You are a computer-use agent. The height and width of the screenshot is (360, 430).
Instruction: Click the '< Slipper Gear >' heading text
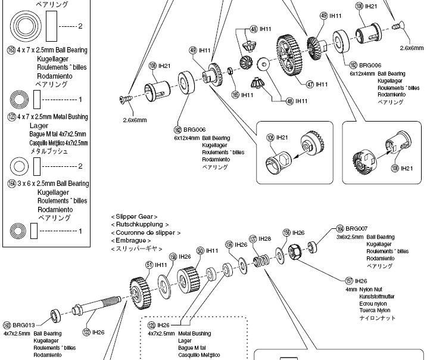(x=134, y=216)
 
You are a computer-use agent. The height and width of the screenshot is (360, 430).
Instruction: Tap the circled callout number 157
(x=349, y=281)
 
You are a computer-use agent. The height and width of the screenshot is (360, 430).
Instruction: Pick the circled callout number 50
(x=200, y=251)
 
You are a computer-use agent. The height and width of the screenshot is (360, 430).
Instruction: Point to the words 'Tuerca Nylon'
(x=375, y=311)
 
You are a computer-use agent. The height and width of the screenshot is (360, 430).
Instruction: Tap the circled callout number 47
(x=310, y=85)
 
